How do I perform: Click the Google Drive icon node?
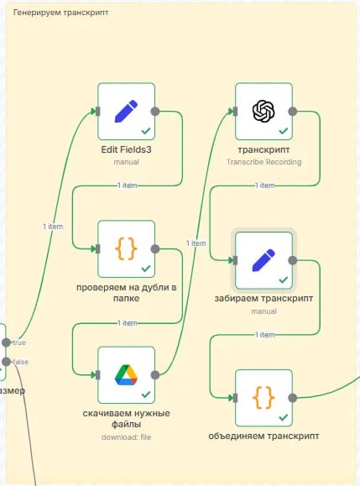[126, 375]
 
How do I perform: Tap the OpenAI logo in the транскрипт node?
[263, 111]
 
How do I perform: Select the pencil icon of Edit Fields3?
[126, 111]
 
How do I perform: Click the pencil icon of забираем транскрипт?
[263, 260]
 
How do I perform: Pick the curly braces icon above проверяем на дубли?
[126, 248]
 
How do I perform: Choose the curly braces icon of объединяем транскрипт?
[263, 398]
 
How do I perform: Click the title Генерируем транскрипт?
[61, 13]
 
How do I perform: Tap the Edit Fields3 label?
[126, 149]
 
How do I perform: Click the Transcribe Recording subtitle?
[264, 162]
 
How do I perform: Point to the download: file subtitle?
[127, 437]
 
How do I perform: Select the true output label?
[19, 342]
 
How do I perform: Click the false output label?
[20, 362]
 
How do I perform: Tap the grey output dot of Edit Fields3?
[155, 112]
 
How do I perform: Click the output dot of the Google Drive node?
[155, 375]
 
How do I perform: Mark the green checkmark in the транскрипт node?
[283, 131]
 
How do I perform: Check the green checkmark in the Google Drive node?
[146, 395]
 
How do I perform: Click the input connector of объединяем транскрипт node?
[235, 398]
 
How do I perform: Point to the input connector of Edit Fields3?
[98, 112]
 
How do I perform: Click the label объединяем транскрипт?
[263, 436]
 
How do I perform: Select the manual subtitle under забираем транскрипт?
[263, 311]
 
